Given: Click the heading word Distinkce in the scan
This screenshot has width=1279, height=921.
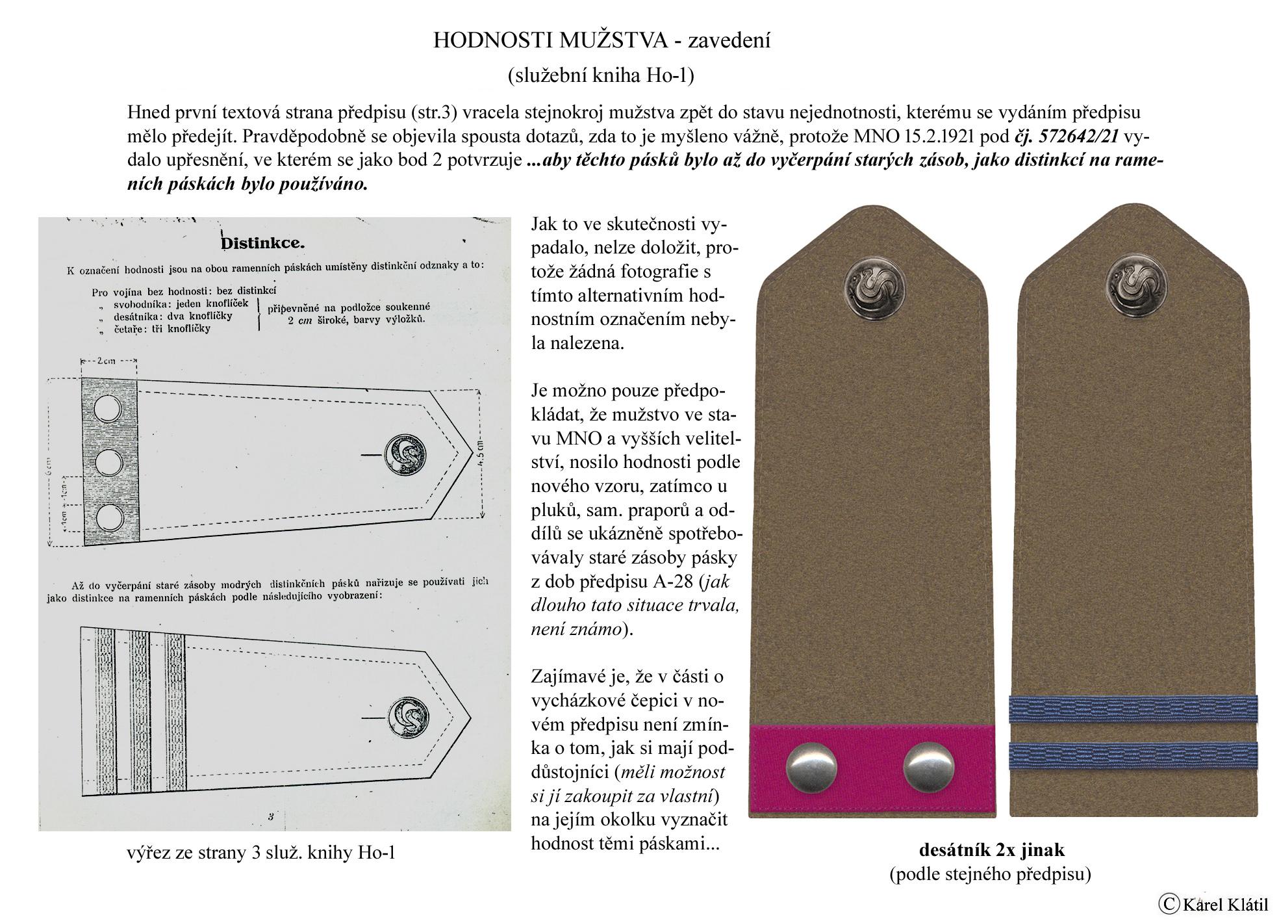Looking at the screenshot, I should pyautogui.click(x=263, y=244).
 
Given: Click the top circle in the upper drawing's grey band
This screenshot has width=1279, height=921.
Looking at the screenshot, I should pyautogui.click(x=107, y=409).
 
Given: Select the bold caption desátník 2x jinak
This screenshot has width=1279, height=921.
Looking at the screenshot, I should pyautogui.click(x=991, y=850).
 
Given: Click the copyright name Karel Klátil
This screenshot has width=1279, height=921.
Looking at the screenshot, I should pyautogui.click(x=1225, y=904).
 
